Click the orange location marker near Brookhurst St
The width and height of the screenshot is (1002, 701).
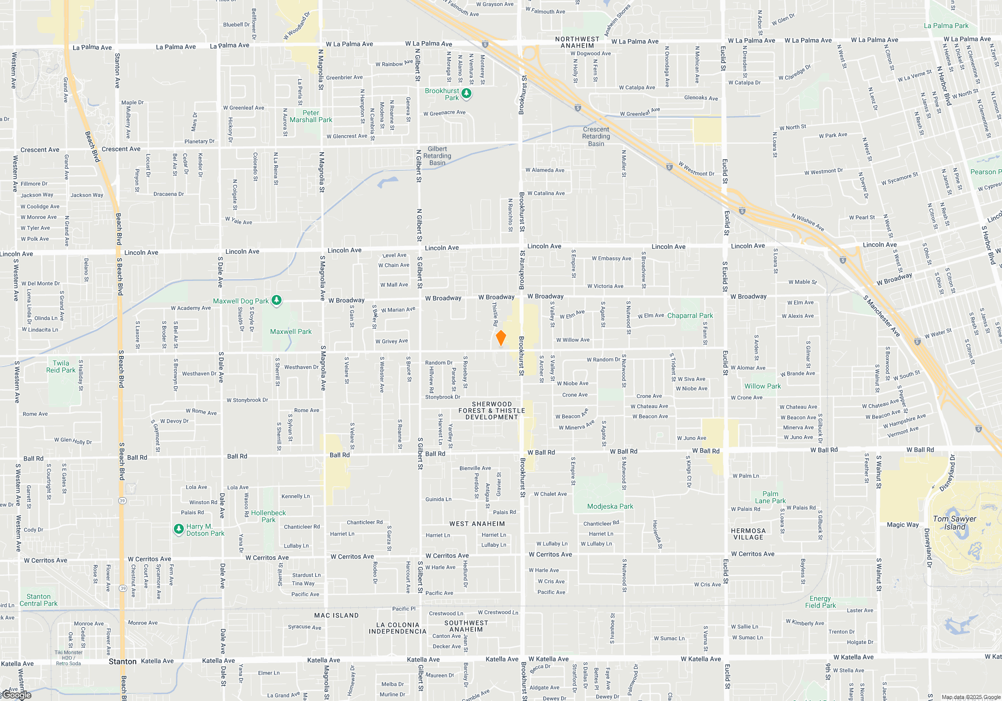(x=500, y=338)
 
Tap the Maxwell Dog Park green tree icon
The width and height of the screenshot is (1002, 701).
(x=277, y=300)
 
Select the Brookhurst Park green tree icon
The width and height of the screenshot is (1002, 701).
(x=466, y=93)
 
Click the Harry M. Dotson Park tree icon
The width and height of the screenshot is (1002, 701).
(x=179, y=529)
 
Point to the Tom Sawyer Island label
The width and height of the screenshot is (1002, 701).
(x=954, y=523)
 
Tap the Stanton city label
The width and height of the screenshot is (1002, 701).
(x=122, y=661)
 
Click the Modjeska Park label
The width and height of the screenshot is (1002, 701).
(x=610, y=506)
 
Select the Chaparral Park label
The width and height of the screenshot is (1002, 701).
(x=690, y=315)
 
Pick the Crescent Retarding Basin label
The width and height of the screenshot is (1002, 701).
(x=596, y=136)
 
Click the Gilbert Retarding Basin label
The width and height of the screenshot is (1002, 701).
(x=437, y=156)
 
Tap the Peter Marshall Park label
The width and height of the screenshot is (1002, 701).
(x=311, y=116)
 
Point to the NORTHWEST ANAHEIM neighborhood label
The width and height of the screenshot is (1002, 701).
(x=577, y=42)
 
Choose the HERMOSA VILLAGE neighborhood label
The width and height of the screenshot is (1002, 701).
(x=748, y=534)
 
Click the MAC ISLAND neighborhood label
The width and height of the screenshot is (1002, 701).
(x=336, y=615)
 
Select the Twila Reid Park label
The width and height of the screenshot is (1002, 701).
(x=61, y=367)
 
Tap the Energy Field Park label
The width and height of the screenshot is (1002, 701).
(x=820, y=602)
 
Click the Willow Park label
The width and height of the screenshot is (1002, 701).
(x=763, y=386)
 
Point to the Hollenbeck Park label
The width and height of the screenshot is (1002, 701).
(x=269, y=516)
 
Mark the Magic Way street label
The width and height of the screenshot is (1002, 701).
(x=903, y=525)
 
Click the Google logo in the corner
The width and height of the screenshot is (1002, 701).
(x=17, y=695)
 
